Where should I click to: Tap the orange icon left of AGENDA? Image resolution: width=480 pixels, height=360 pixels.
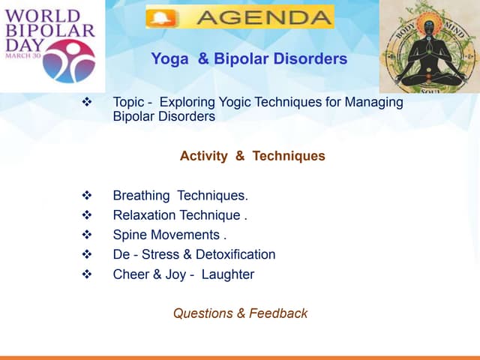[x=160, y=16]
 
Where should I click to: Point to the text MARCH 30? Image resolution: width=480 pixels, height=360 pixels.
[x=25, y=55]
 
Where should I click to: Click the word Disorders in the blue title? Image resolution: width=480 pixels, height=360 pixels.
[x=311, y=58]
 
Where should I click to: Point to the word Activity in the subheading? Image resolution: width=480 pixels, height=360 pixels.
[x=203, y=156]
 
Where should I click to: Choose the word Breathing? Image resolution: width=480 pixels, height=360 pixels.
[x=141, y=196]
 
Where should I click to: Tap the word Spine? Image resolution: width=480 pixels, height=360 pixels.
[x=130, y=235]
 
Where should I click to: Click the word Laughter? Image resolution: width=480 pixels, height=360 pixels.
[x=228, y=274]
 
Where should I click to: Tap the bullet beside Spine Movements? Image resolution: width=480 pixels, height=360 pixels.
[x=86, y=235]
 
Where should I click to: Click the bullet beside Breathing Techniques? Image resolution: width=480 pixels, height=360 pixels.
[x=86, y=196]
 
